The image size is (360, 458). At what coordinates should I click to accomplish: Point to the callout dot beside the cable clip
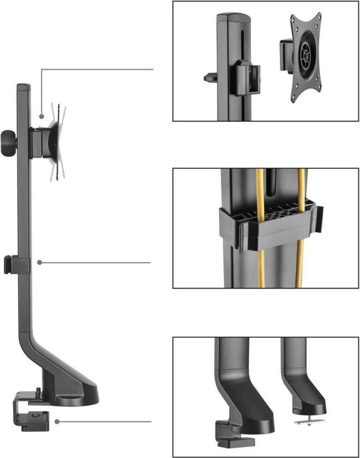point(39,262)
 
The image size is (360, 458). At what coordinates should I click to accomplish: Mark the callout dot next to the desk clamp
point(57,422)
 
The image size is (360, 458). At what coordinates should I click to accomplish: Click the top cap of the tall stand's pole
point(23,87)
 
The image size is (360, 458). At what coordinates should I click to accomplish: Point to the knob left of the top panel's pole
point(210,78)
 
